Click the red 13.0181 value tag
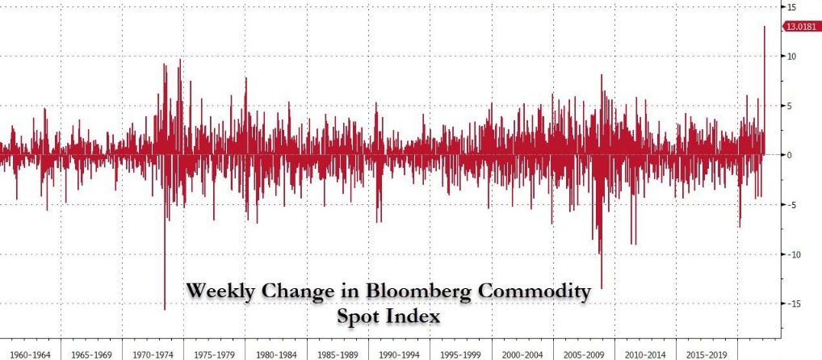[x=801, y=27]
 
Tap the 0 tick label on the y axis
[x=791, y=154]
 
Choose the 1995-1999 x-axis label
[x=460, y=353]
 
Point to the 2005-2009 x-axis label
[x=583, y=353]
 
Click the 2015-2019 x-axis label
[x=707, y=353]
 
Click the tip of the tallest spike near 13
[x=764, y=27]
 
